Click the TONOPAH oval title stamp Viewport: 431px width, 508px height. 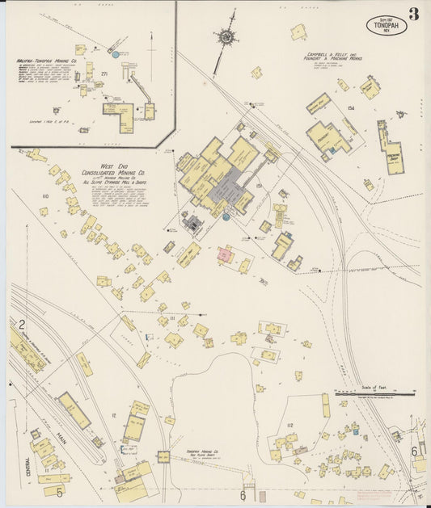coord(386,25)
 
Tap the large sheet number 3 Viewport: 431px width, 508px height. coord(413,14)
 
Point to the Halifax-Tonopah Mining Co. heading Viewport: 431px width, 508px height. coord(48,61)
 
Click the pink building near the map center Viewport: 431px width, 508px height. coord(226,257)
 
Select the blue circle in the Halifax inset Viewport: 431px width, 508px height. coord(116,55)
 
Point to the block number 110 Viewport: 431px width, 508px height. coord(44,196)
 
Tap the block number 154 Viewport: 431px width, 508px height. coord(350,107)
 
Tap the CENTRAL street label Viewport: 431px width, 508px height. coord(27,467)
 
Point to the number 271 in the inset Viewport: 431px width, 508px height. coord(104,73)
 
